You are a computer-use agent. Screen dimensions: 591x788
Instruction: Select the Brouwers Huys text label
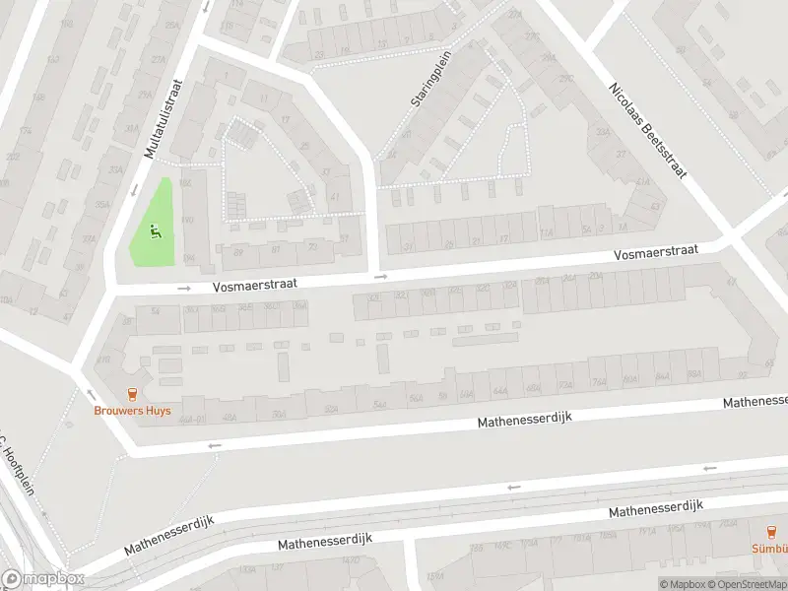pyautogui.click(x=132, y=411)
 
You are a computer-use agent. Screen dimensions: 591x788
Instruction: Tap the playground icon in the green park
pyautogui.click(x=154, y=232)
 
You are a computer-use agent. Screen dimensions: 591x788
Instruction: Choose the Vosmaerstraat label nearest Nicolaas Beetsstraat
pyautogui.click(x=656, y=253)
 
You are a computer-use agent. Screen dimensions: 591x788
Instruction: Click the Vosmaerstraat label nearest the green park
pyautogui.click(x=255, y=284)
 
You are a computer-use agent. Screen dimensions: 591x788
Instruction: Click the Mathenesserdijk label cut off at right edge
pyautogui.click(x=755, y=402)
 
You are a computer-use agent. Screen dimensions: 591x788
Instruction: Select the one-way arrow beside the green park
pyautogui.click(x=184, y=289)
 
